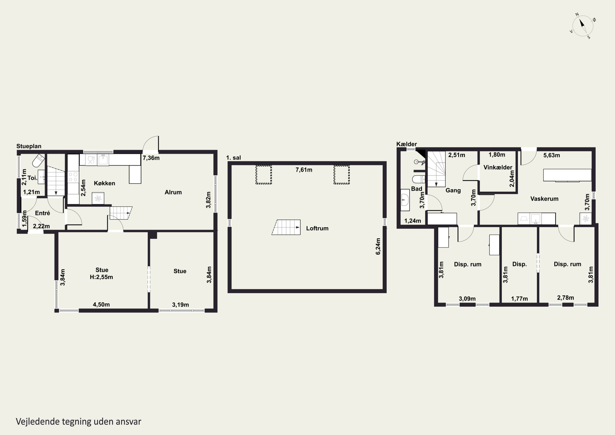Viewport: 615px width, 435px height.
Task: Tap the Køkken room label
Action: (x=105, y=183)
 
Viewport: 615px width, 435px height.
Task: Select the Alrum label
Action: (x=173, y=192)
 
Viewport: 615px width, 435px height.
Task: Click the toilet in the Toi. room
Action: (x=38, y=160)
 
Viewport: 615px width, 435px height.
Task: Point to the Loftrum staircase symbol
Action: (x=286, y=227)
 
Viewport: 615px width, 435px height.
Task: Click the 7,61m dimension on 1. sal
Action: (x=304, y=170)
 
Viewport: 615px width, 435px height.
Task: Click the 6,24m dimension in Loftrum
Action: (x=378, y=246)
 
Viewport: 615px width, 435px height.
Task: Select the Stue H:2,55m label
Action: (x=101, y=274)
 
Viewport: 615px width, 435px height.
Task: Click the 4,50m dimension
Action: (x=101, y=305)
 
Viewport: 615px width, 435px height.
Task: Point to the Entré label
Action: (x=43, y=213)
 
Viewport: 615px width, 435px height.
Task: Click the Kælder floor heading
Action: (x=407, y=144)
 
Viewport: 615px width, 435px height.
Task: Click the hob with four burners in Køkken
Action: (x=73, y=177)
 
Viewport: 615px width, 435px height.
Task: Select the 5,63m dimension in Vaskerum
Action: (x=551, y=155)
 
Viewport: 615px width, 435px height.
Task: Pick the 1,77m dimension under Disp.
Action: (x=519, y=299)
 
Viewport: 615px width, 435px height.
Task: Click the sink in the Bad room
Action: (x=405, y=200)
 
